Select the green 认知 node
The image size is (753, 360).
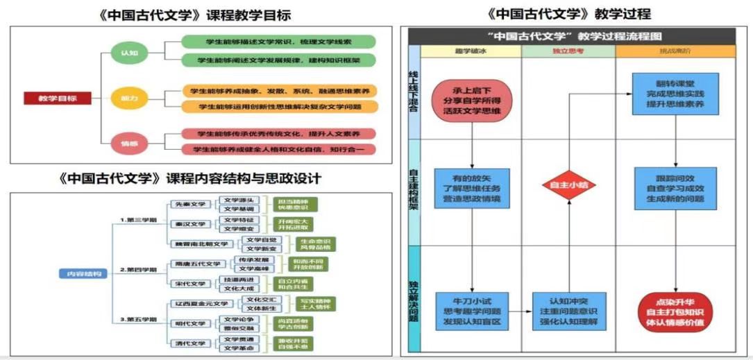[130, 53]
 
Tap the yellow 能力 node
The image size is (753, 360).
[130, 98]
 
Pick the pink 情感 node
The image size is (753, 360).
[130, 144]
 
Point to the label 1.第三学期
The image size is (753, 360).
[138, 220]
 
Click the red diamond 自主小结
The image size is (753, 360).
[568, 185]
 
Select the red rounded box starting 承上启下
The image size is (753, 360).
[472, 101]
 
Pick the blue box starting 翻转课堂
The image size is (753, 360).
[675, 94]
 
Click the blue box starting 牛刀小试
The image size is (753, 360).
[472, 312]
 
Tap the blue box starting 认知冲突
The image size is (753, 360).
[568, 312]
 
